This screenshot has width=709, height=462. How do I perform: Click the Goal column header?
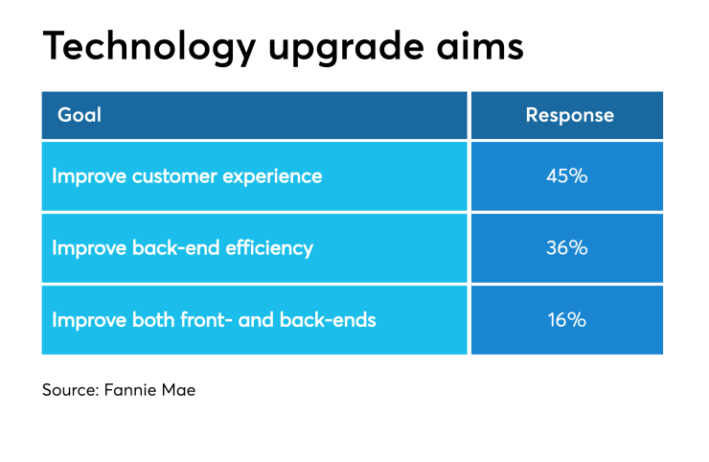point(80,116)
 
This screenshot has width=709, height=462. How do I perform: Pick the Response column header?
point(569,116)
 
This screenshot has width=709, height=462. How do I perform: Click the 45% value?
point(568,176)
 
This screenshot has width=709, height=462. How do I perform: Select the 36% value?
point(568,248)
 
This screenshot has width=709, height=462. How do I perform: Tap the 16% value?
point(568,320)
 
